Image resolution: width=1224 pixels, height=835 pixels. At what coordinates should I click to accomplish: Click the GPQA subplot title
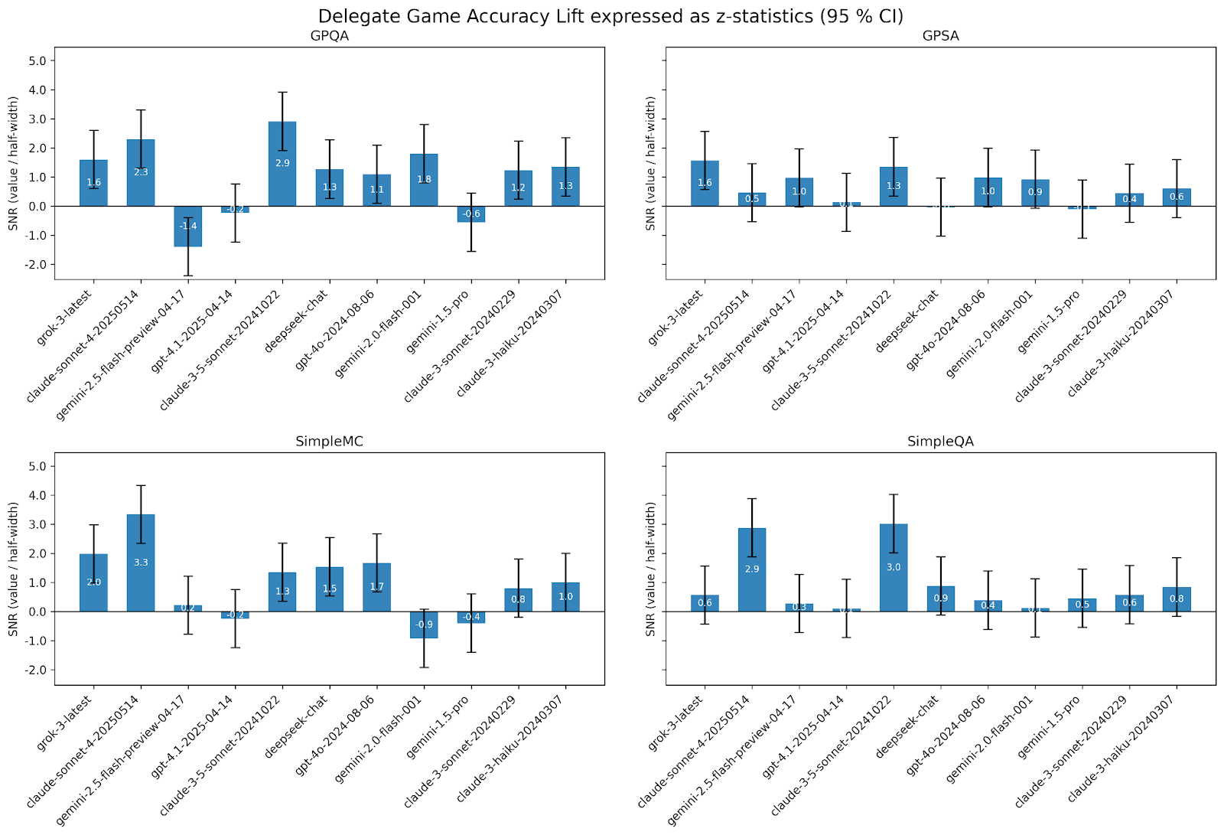(329, 36)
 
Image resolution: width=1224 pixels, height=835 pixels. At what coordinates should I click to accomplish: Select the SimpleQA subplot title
(940, 442)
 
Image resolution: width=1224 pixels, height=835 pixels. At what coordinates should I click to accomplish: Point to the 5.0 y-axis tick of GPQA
(37, 61)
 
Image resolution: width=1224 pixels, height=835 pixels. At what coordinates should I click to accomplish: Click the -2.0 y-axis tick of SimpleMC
(35, 670)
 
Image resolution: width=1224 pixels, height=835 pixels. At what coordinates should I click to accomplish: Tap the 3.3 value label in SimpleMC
(141, 563)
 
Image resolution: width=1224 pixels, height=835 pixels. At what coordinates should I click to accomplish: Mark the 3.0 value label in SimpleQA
(894, 567)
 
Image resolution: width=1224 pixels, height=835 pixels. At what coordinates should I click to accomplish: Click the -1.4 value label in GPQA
(188, 226)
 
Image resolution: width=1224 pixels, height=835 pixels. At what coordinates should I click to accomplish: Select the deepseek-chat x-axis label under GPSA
(908, 321)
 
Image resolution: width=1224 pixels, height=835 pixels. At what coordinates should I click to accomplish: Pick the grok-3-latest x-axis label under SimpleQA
(675, 722)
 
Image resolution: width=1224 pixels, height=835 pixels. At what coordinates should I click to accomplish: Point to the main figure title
(610, 16)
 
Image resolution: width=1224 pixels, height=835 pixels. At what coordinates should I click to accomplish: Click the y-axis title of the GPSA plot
(650, 164)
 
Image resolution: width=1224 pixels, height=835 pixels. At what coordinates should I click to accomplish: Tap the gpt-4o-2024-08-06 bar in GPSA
(988, 192)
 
